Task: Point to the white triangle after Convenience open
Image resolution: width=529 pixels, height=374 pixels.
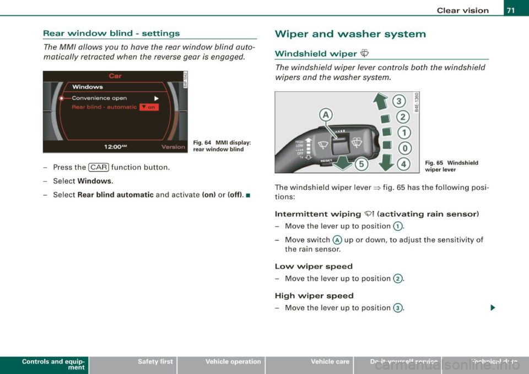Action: pos(156,98)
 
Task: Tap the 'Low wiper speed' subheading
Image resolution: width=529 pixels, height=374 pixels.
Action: pos(315,266)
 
